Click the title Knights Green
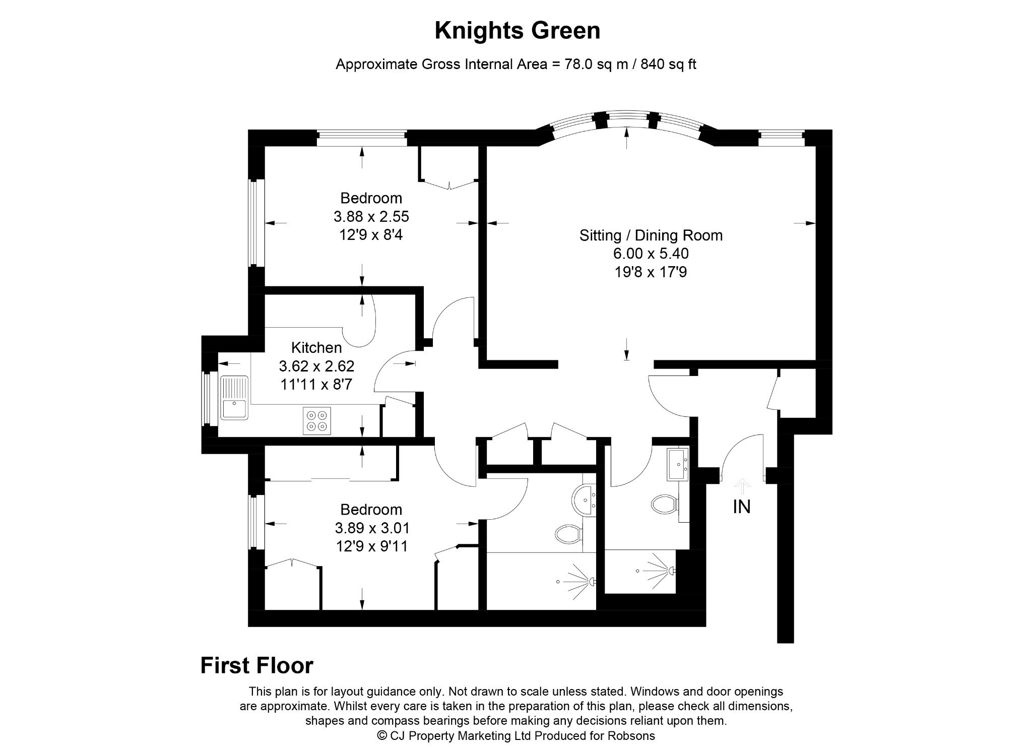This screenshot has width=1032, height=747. [517, 31]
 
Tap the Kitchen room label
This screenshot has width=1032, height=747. [316, 348]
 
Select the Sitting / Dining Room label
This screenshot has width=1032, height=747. [651, 235]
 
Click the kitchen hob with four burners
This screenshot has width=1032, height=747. [317, 421]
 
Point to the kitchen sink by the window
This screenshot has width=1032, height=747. [234, 398]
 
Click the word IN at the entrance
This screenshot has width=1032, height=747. [742, 507]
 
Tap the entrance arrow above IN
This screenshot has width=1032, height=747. [742, 487]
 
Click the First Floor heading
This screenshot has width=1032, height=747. [257, 665]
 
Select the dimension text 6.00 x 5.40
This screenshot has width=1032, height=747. [651, 254]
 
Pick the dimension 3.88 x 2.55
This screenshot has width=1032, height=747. [371, 217]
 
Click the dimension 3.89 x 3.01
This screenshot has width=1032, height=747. [372, 528]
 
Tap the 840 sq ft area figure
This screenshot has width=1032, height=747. [669, 65]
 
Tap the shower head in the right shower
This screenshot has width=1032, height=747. [672, 571]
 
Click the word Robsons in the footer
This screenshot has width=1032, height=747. [633, 735]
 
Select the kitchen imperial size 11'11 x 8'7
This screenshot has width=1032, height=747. [316, 385]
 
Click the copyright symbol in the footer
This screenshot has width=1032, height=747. [382, 735]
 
